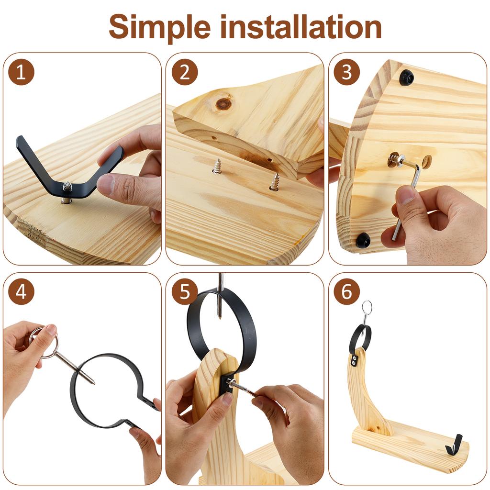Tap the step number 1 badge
click(x=22, y=73)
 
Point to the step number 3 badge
click(x=346, y=73)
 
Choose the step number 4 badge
click(x=22, y=292)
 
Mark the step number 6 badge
click(x=346, y=292)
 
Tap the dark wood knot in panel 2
click(x=223, y=103)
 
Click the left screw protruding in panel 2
click(x=217, y=166)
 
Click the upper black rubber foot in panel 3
click(x=406, y=77)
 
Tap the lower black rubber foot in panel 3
click(x=363, y=240)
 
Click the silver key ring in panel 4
click(x=44, y=342)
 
